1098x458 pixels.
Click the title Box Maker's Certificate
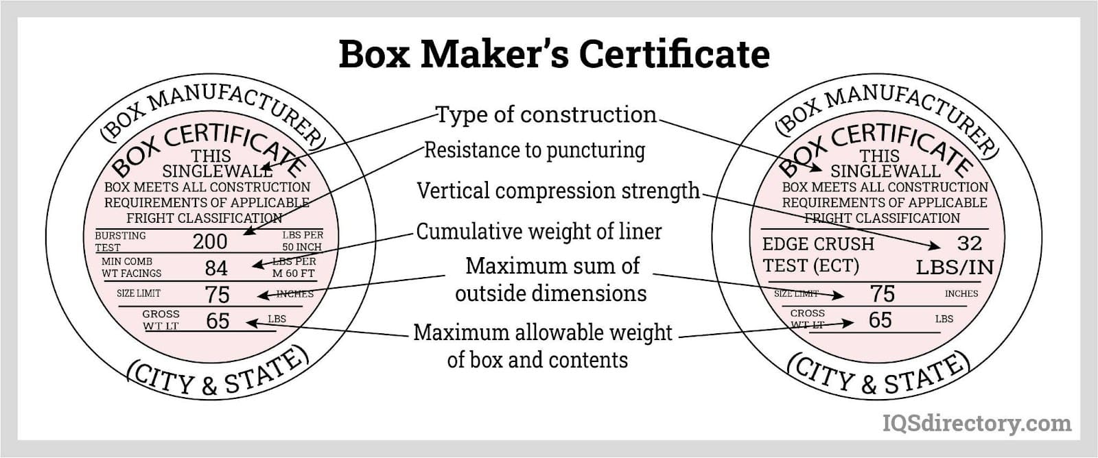(554, 54)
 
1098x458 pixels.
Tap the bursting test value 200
(209, 241)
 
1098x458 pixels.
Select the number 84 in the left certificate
(216, 268)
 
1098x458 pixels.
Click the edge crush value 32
(969, 243)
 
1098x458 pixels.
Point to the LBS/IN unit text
(955, 267)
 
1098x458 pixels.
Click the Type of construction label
(546, 114)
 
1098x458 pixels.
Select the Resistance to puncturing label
(535, 150)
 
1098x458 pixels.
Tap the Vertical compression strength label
(558, 191)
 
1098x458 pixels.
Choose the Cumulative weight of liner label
(539, 232)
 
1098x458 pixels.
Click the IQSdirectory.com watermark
(976, 423)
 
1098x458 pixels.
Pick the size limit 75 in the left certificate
(217, 294)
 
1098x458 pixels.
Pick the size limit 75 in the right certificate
(882, 293)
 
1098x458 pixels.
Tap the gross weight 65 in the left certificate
(218, 320)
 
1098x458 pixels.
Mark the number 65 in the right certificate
(880, 320)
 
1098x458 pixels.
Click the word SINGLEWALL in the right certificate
(885, 171)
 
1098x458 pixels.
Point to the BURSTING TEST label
(120, 241)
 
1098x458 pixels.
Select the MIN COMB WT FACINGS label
(131, 267)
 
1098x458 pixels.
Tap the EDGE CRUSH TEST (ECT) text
(818, 254)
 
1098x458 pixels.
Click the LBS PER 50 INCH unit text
(302, 241)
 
